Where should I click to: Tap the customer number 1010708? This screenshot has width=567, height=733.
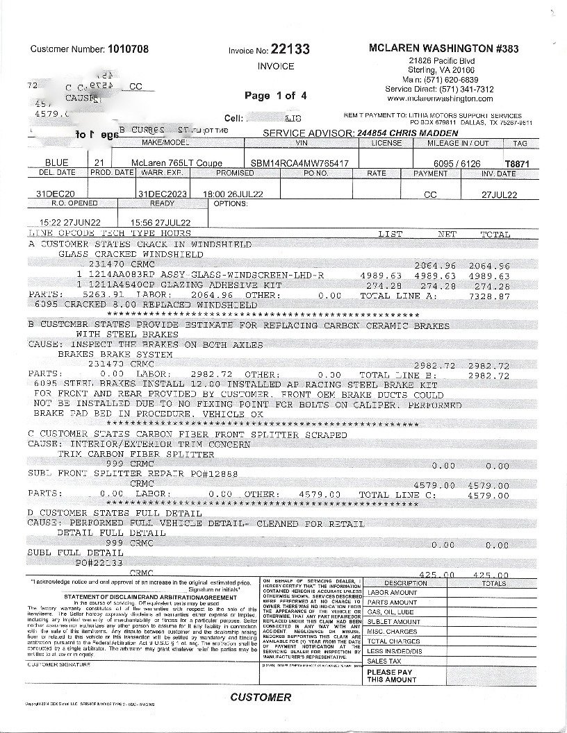[128, 49]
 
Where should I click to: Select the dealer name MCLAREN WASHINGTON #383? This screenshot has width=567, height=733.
[443, 49]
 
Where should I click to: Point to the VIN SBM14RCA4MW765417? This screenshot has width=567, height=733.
[301, 161]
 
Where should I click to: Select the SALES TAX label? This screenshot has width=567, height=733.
[384, 662]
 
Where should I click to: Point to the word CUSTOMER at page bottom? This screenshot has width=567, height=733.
[261, 697]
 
